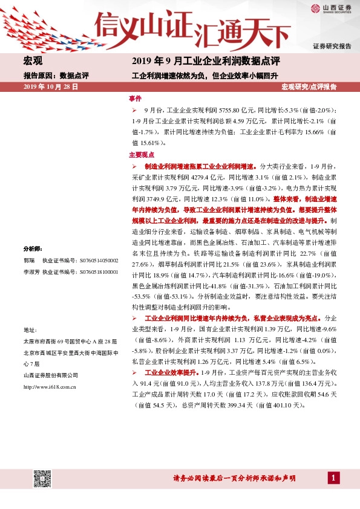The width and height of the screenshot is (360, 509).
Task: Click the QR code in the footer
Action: tap(41, 478)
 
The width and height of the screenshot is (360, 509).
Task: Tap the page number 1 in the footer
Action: tap(333, 478)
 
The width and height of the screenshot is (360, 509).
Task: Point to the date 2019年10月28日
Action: tap(51, 87)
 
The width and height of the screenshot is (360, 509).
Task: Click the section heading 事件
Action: tap(135, 98)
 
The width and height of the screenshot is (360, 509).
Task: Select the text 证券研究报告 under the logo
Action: tap(332, 47)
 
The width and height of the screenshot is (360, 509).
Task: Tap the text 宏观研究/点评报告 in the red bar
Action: tap(309, 87)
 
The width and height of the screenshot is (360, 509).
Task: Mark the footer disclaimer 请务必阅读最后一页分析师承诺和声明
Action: tap(234, 478)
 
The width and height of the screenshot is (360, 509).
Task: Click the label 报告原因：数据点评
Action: tap(56, 76)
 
